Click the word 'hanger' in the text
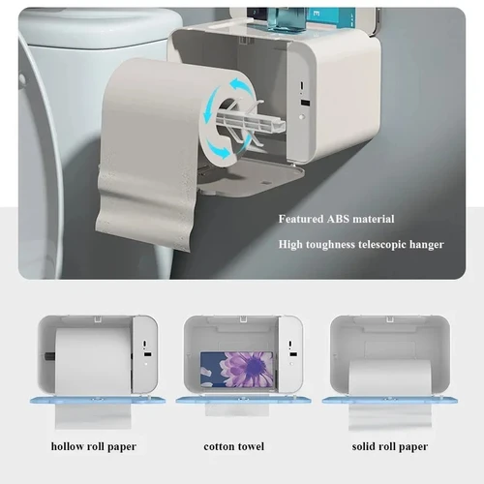point(426,245)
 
